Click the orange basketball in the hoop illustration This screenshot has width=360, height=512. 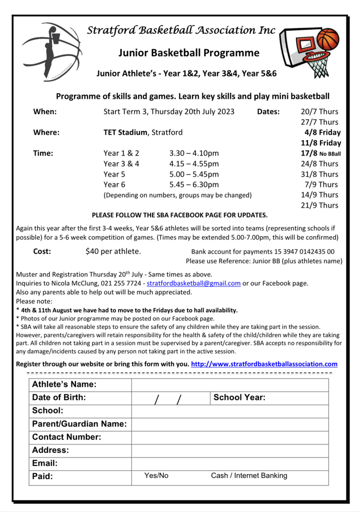pos(328,39)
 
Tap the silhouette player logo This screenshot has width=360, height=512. pos(51,50)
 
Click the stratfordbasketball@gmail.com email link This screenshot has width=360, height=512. pos(193,283)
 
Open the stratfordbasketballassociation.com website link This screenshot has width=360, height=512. pos(264,364)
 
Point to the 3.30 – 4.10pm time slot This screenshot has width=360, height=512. pos(194,153)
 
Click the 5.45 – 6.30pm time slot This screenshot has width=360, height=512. pos(194,184)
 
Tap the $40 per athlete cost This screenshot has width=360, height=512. pos(113,251)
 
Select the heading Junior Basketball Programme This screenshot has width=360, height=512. pos(189,52)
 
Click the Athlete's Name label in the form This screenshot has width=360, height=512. pos(64,384)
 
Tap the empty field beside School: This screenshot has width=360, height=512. pos(230,411)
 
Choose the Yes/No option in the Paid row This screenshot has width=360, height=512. pos(156,475)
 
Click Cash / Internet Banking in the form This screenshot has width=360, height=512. pos(249,475)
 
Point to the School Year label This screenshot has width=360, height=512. pos(239,397)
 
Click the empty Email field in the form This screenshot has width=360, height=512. pos(230,463)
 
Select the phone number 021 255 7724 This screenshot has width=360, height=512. pos(123,283)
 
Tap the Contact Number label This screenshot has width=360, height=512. pos(66,437)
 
